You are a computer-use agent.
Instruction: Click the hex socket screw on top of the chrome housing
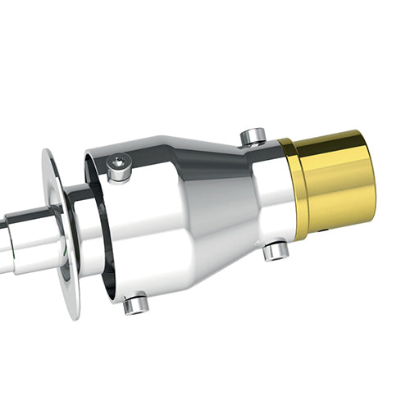(120, 167)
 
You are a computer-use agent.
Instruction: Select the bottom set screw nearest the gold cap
(275, 251)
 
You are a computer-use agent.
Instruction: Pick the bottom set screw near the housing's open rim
(136, 304)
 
